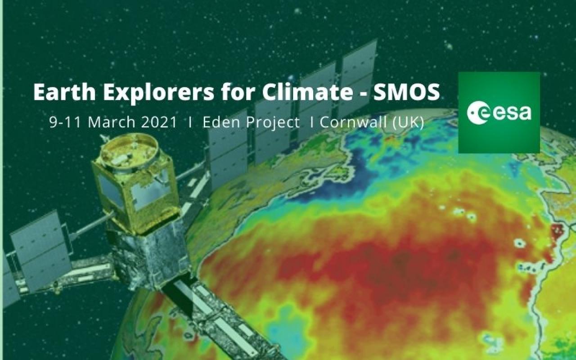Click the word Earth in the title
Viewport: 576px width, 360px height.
[64, 92]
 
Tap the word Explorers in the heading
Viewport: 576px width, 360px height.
[159, 92]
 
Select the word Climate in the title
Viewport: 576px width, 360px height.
[307, 92]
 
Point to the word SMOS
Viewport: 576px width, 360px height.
[406, 92]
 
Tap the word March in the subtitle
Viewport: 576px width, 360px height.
[112, 122]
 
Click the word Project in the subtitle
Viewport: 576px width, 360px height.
[273, 123]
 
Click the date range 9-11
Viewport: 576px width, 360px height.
[65, 122]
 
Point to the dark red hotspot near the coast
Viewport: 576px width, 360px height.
[557, 231]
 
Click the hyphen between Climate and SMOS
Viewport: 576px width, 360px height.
[363, 93]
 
